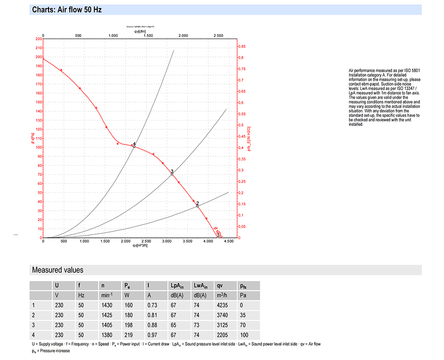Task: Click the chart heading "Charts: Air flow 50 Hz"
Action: pyautogui.click(x=67, y=10)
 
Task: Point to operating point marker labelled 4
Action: pyautogui.click(x=134, y=146)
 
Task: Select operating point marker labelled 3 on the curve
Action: pyautogui.click(x=172, y=174)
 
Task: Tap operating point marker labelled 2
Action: pyautogui.click(x=198, y=205)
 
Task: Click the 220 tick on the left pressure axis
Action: pyautogui.click(x=39, y=39)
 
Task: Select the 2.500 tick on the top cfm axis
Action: pyautogui.click(x=218, y=36)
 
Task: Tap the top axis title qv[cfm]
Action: pyautogui.click(x=140, y=31)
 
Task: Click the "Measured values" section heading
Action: pyautogui.click(x=57, y=270)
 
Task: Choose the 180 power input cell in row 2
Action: pyautogui.click(x=129, y=315)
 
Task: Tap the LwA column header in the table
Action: pyautogui.click(x=199, y=286)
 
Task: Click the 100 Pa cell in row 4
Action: pyautogui.click(x=244, y=335)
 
